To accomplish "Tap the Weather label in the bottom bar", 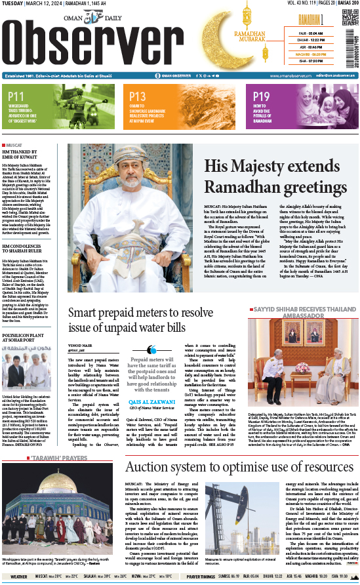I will [18, 576].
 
